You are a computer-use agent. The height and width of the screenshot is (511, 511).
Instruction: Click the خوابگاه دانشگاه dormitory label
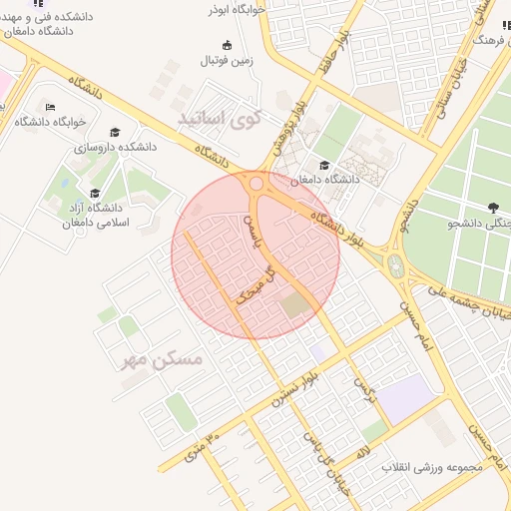(x=51, y=122)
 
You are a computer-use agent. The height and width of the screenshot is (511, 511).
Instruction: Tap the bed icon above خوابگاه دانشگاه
(x=51, y=107)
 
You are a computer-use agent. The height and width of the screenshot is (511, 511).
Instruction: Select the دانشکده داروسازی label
(x=117, y=147)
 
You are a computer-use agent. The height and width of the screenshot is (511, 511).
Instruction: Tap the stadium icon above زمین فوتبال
(x=227, y=45)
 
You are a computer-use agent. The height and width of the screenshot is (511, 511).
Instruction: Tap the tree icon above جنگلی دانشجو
(x=493, y=208)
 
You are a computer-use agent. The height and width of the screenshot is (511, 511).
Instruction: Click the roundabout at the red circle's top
(x=256, y=184)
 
